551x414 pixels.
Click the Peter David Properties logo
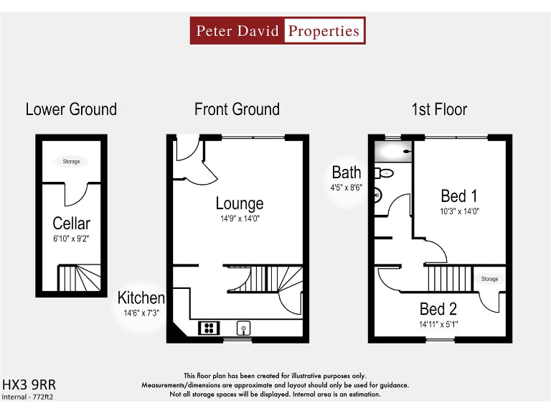pos(278,31)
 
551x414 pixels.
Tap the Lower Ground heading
pos(71,109)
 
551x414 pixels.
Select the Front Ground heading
pos(237,109)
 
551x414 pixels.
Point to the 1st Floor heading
pos(439,109)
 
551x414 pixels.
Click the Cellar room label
pos(72,224)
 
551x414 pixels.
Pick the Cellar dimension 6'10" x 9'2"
pos(72,238)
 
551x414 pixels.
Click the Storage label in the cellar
pos(71,162)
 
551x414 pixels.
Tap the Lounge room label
pos(240,204)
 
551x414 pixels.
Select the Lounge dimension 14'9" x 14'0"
pos(240,218)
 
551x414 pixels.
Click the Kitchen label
pos(141,298)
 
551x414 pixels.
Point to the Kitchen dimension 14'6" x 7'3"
pos(141,313)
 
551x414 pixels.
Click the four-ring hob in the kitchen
pos(209,328)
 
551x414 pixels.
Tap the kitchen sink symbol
pos(244,328)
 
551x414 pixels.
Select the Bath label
pos(347,172)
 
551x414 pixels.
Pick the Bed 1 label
pos(459,195)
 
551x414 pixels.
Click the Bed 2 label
pos(438,309)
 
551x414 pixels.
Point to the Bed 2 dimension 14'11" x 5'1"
pos(438,324)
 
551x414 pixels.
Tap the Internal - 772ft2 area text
pos(28,396)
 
